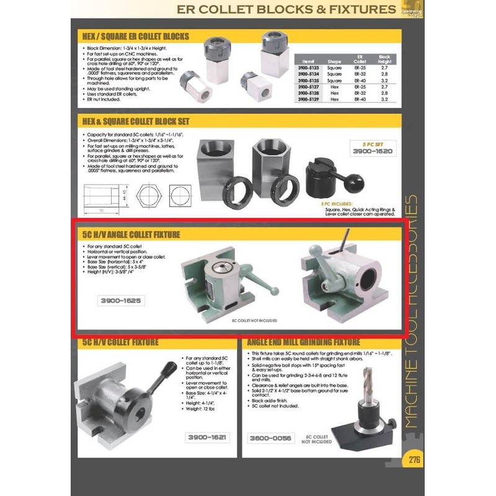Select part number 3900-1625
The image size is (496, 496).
coord(122,301)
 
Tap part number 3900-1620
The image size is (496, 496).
coord(372,151)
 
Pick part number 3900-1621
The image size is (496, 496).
coord(206,438)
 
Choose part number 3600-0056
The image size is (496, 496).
coord(270,438)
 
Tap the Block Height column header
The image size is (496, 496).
coord(384,60)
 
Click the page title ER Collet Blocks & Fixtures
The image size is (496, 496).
coord(286,9)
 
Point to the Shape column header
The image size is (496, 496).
coord(335,61)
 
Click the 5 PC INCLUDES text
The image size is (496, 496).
coord(339,203)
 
